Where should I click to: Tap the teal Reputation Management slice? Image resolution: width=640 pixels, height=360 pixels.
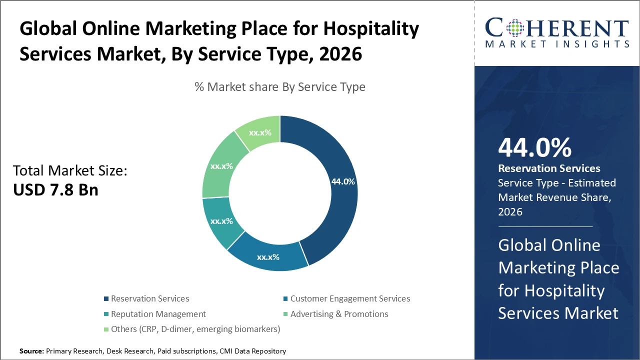point(221,221)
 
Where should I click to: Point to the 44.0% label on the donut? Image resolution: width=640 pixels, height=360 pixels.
point(343,181)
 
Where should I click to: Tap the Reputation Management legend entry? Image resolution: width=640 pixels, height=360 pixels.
point(158,314)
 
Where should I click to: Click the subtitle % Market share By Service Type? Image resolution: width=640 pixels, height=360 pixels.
point(280,87)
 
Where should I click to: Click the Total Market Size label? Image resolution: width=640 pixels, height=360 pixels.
point(70,170)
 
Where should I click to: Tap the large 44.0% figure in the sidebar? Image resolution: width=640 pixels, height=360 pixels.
point(534,147)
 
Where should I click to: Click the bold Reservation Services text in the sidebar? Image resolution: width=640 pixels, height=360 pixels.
point(549,168)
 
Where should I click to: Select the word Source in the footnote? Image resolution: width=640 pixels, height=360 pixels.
point(31,351)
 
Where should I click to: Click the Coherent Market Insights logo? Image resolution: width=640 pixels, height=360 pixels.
point(557,32)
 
